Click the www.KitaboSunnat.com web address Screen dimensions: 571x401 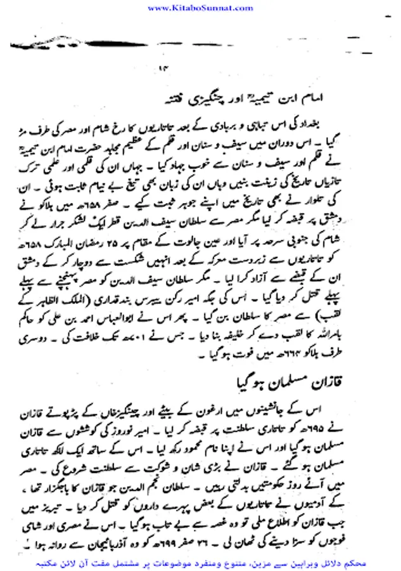click(201, 8)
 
